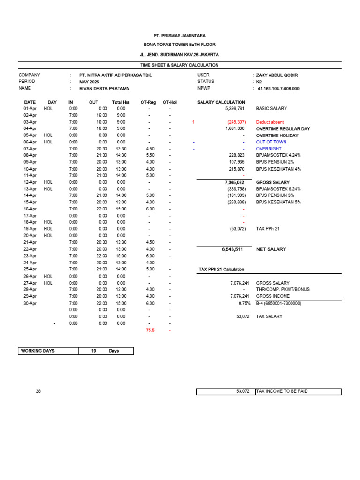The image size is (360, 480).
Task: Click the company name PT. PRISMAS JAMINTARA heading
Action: point(180,36)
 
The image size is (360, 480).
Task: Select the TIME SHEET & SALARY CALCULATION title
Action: point(180,65)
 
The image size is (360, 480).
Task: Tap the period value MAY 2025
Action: point(89,82)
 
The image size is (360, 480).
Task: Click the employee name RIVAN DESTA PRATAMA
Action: point(104,88)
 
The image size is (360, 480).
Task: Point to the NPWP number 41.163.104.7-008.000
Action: point(278,88)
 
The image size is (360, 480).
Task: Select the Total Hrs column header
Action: point(120,102)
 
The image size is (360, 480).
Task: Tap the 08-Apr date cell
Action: point(30,155)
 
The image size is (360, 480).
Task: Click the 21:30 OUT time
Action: point(101,155)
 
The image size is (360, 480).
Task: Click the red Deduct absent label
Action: point(270,122)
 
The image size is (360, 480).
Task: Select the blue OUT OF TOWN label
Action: point(271,142)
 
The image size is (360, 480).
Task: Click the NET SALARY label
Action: point(271,249)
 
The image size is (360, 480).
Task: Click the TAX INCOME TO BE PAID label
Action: point(282,391)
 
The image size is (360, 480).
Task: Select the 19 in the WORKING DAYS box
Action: point(94,351)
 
